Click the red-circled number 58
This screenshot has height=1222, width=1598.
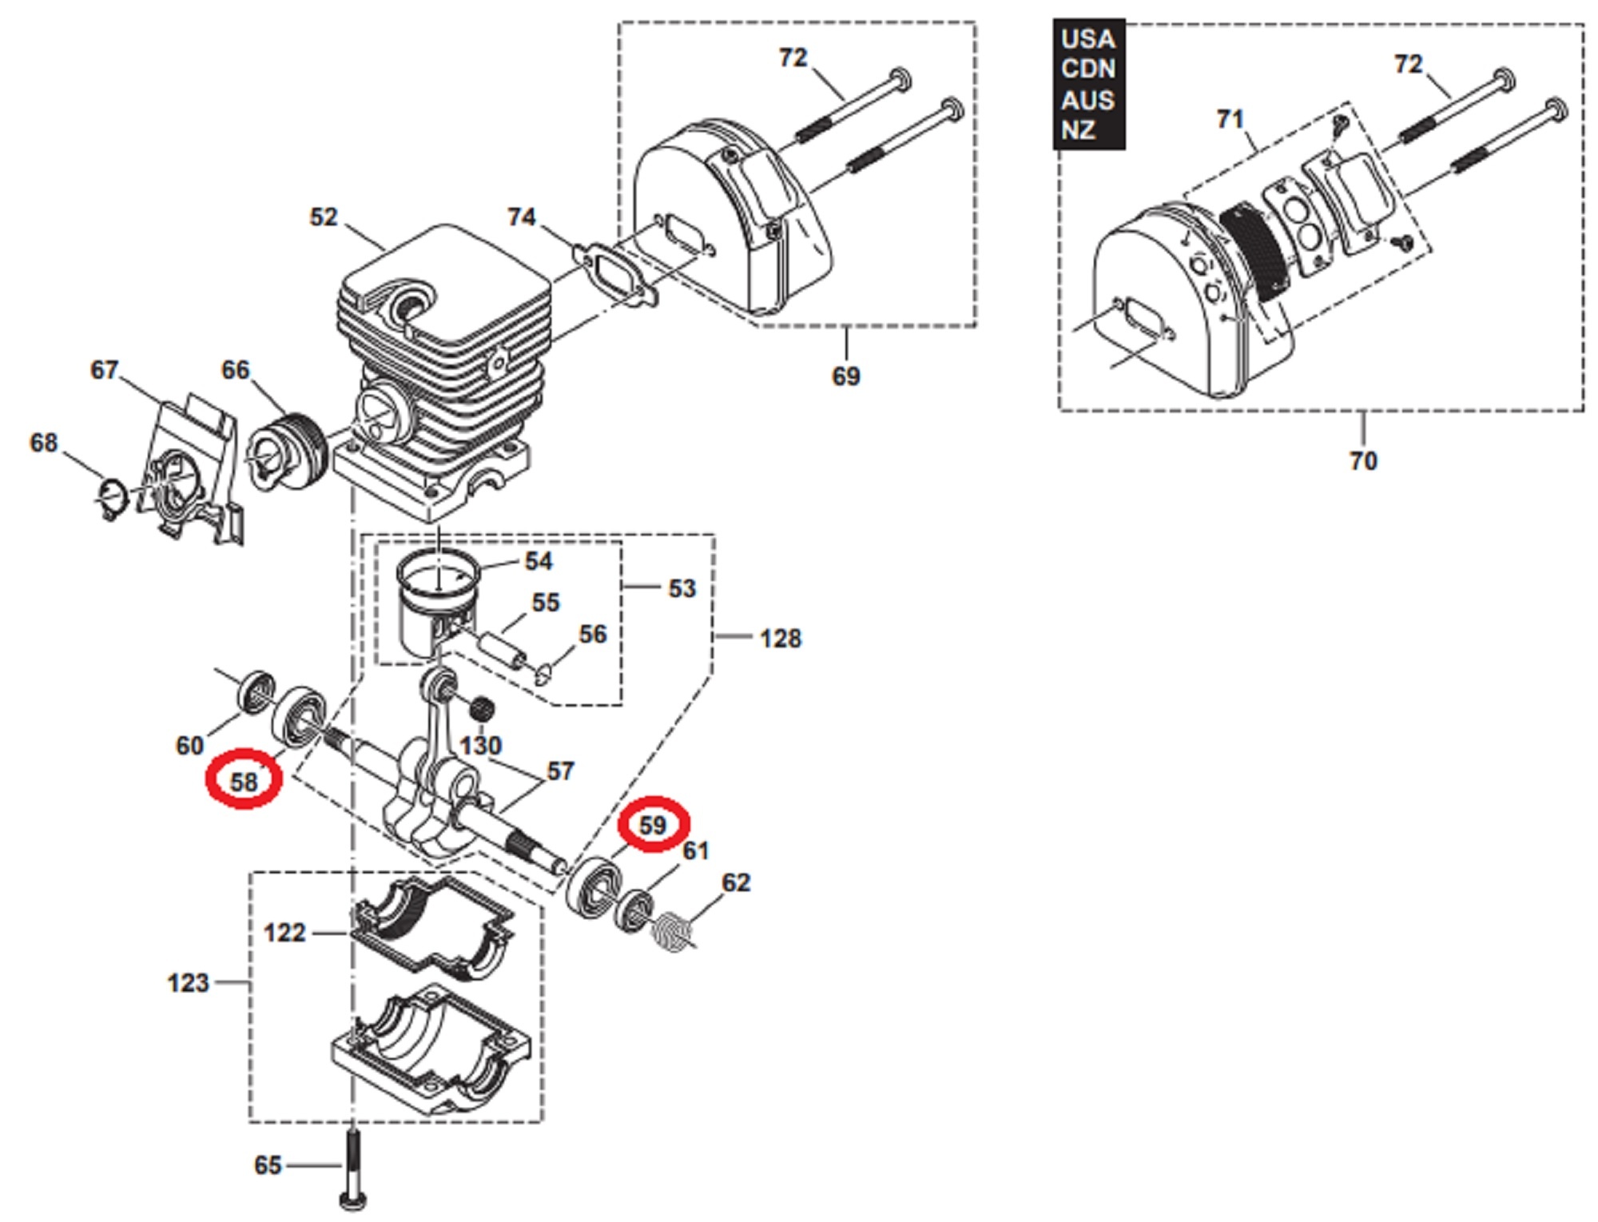click(x=244, y=780)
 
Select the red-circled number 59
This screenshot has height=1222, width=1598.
click(x=653, y=825)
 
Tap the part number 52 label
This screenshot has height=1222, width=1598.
click(x=324, y=217)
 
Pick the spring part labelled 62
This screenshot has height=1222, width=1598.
click(x=674, y=932)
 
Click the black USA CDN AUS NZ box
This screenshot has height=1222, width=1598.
click(x=1088, y=84)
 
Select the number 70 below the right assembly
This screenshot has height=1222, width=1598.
click(x=1363, y=461)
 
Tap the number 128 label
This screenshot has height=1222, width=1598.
click(x=780, y=639)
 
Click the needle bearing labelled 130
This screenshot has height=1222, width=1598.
click(x=481, y=708)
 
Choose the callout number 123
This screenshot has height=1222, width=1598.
click(x=188, y=982)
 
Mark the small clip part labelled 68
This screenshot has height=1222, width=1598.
click(x=113, y=499)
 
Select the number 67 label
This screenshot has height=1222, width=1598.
click(x=105, y=370)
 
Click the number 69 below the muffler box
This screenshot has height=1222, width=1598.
click(x=846, y=376)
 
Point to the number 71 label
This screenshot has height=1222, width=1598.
click(x=1230, y=120)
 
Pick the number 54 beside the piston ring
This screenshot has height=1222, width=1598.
click(x=539, y=561)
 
